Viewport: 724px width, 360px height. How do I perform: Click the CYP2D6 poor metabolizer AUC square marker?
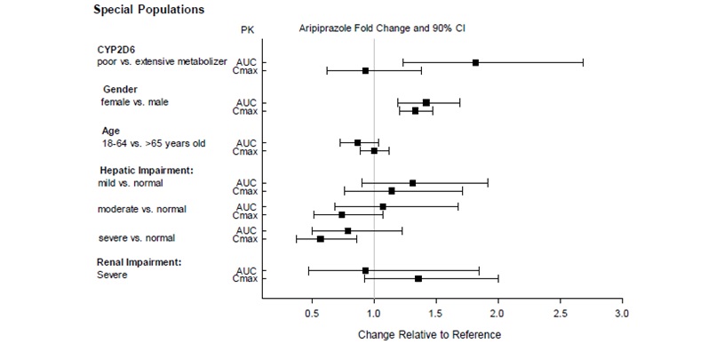click(476, 62)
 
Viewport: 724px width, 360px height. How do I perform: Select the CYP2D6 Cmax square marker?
click(365, 70)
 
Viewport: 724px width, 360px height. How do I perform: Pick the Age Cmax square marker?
click(374, 151)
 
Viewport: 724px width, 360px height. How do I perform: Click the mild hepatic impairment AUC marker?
click(412, 183)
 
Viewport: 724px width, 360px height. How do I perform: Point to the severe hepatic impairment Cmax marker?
click(321, 239)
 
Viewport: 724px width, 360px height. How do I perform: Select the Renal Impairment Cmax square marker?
click(418, 278)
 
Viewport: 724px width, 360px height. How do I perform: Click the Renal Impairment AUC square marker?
click(365, 270)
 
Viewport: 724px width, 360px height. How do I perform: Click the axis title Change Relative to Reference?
click(429, 335)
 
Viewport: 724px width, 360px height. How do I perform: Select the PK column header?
click(248, 29)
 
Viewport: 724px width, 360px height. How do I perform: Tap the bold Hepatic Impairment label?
click(145, 169)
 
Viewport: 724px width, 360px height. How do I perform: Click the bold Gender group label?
click(120, 90)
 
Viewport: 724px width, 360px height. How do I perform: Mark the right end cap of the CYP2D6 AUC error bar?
click(583, 62)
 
